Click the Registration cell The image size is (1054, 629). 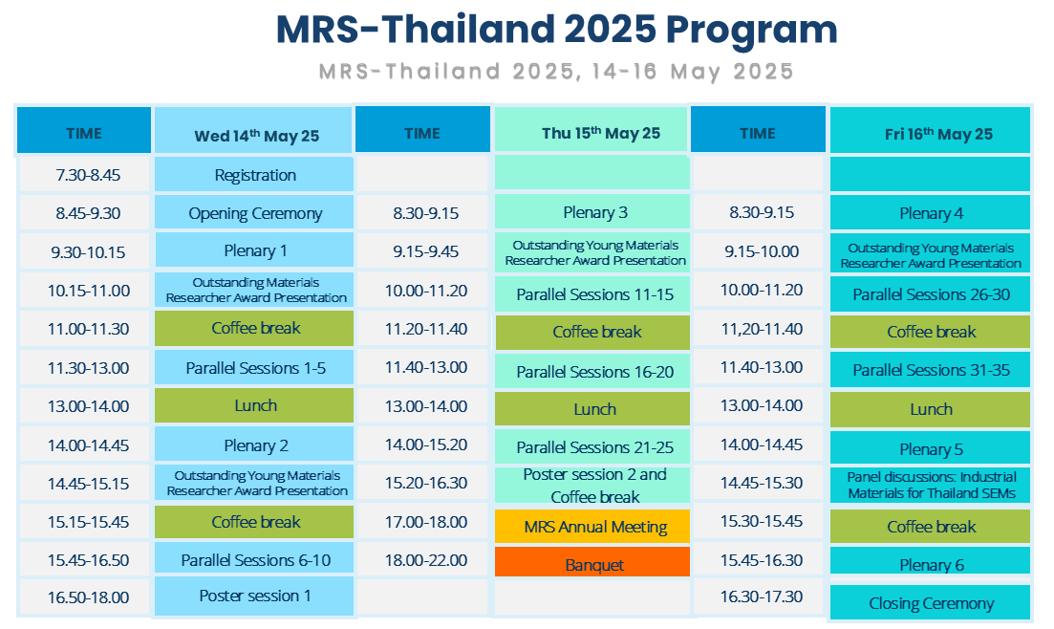coord(254,174)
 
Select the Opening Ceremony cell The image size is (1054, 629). coord(254,212)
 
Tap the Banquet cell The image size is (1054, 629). coord(592,562)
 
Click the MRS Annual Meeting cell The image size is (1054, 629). coord(592,526)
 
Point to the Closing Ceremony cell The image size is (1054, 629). coord(931,602)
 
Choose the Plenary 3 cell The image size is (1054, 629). coord(592,212)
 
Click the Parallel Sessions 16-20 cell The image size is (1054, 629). coord(592,371)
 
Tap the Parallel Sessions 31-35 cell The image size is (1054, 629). coord(931,369)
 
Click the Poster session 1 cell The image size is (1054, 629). coord(254,596)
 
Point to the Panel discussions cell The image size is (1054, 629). coord(931,485)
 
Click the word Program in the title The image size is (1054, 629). coord(751,31)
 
